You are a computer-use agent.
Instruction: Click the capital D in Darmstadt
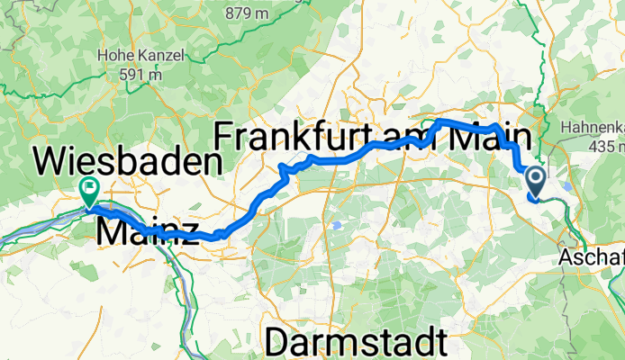pyautogui.click(x=280, y=343)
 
